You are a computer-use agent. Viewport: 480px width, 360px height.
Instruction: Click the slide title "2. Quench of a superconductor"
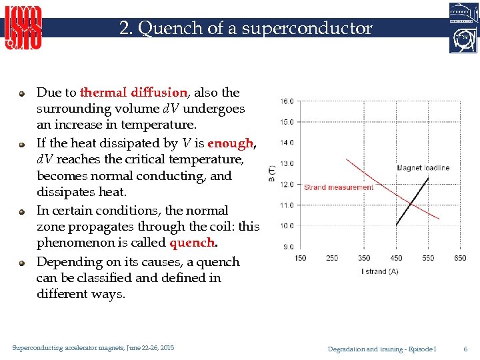245,28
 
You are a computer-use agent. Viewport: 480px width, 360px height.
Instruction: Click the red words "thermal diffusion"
133,93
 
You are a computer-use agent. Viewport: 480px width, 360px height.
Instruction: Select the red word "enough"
231,143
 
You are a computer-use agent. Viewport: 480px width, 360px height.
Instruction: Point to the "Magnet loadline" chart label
423,168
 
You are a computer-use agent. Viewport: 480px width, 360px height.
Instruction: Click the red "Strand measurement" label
339,187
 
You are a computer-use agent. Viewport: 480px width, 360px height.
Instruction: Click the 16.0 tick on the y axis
287,101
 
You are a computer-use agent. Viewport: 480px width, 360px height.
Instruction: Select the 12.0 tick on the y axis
287,184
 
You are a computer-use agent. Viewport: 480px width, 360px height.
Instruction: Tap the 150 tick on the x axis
300,259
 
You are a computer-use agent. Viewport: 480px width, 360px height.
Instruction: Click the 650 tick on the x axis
460,259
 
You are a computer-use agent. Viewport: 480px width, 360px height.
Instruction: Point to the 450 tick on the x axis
396,259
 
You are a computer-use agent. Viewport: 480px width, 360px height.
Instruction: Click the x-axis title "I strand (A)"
381,271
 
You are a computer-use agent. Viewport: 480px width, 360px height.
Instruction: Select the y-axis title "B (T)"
272,173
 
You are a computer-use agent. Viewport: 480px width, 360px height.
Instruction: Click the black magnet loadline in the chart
413,196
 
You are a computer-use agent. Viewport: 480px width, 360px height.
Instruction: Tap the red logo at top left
24,27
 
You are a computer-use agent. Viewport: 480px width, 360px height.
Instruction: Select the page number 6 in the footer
465,349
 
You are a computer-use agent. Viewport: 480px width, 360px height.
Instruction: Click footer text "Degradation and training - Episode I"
382,349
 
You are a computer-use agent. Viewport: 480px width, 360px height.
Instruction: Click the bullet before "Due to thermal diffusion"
22,93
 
